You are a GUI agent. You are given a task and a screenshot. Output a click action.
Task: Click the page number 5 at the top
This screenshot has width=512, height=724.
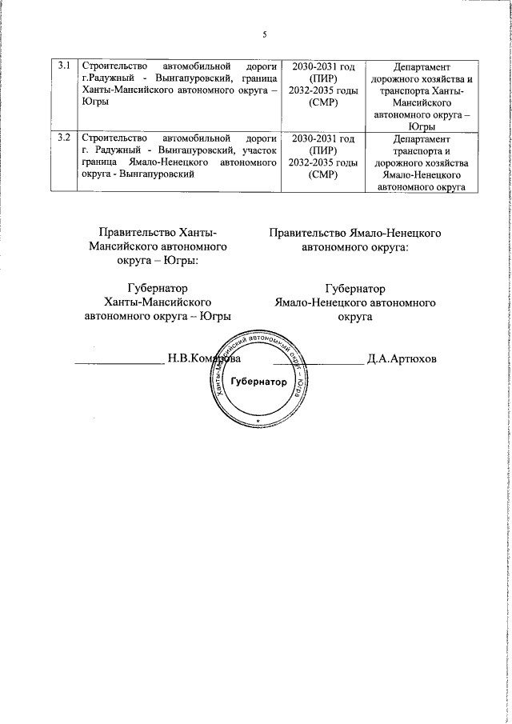pyautogui.click(x=264, y=34)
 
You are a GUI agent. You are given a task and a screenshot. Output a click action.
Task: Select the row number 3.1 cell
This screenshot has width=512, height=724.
pyautogui.click(x=66, y=66)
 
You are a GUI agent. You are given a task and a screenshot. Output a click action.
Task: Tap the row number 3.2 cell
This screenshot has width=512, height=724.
pyautogui.click(x=66, y=138)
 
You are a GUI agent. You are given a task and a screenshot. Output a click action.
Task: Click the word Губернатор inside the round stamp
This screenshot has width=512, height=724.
pyautogui.click(x=258, y=382)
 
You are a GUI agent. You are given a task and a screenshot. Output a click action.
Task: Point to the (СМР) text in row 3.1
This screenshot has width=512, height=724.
pyautogui.click(x=324, y=102)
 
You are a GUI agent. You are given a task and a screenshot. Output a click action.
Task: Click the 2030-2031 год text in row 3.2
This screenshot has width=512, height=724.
pyautogui.click(x=324, y=138)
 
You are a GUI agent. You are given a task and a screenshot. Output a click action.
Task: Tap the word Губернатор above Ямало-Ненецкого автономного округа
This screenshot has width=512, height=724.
pyautogui.click(x=355, y=289)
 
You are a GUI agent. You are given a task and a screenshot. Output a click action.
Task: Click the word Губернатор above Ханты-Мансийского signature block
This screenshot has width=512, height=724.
pyautogui.click(x=158, y=289)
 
